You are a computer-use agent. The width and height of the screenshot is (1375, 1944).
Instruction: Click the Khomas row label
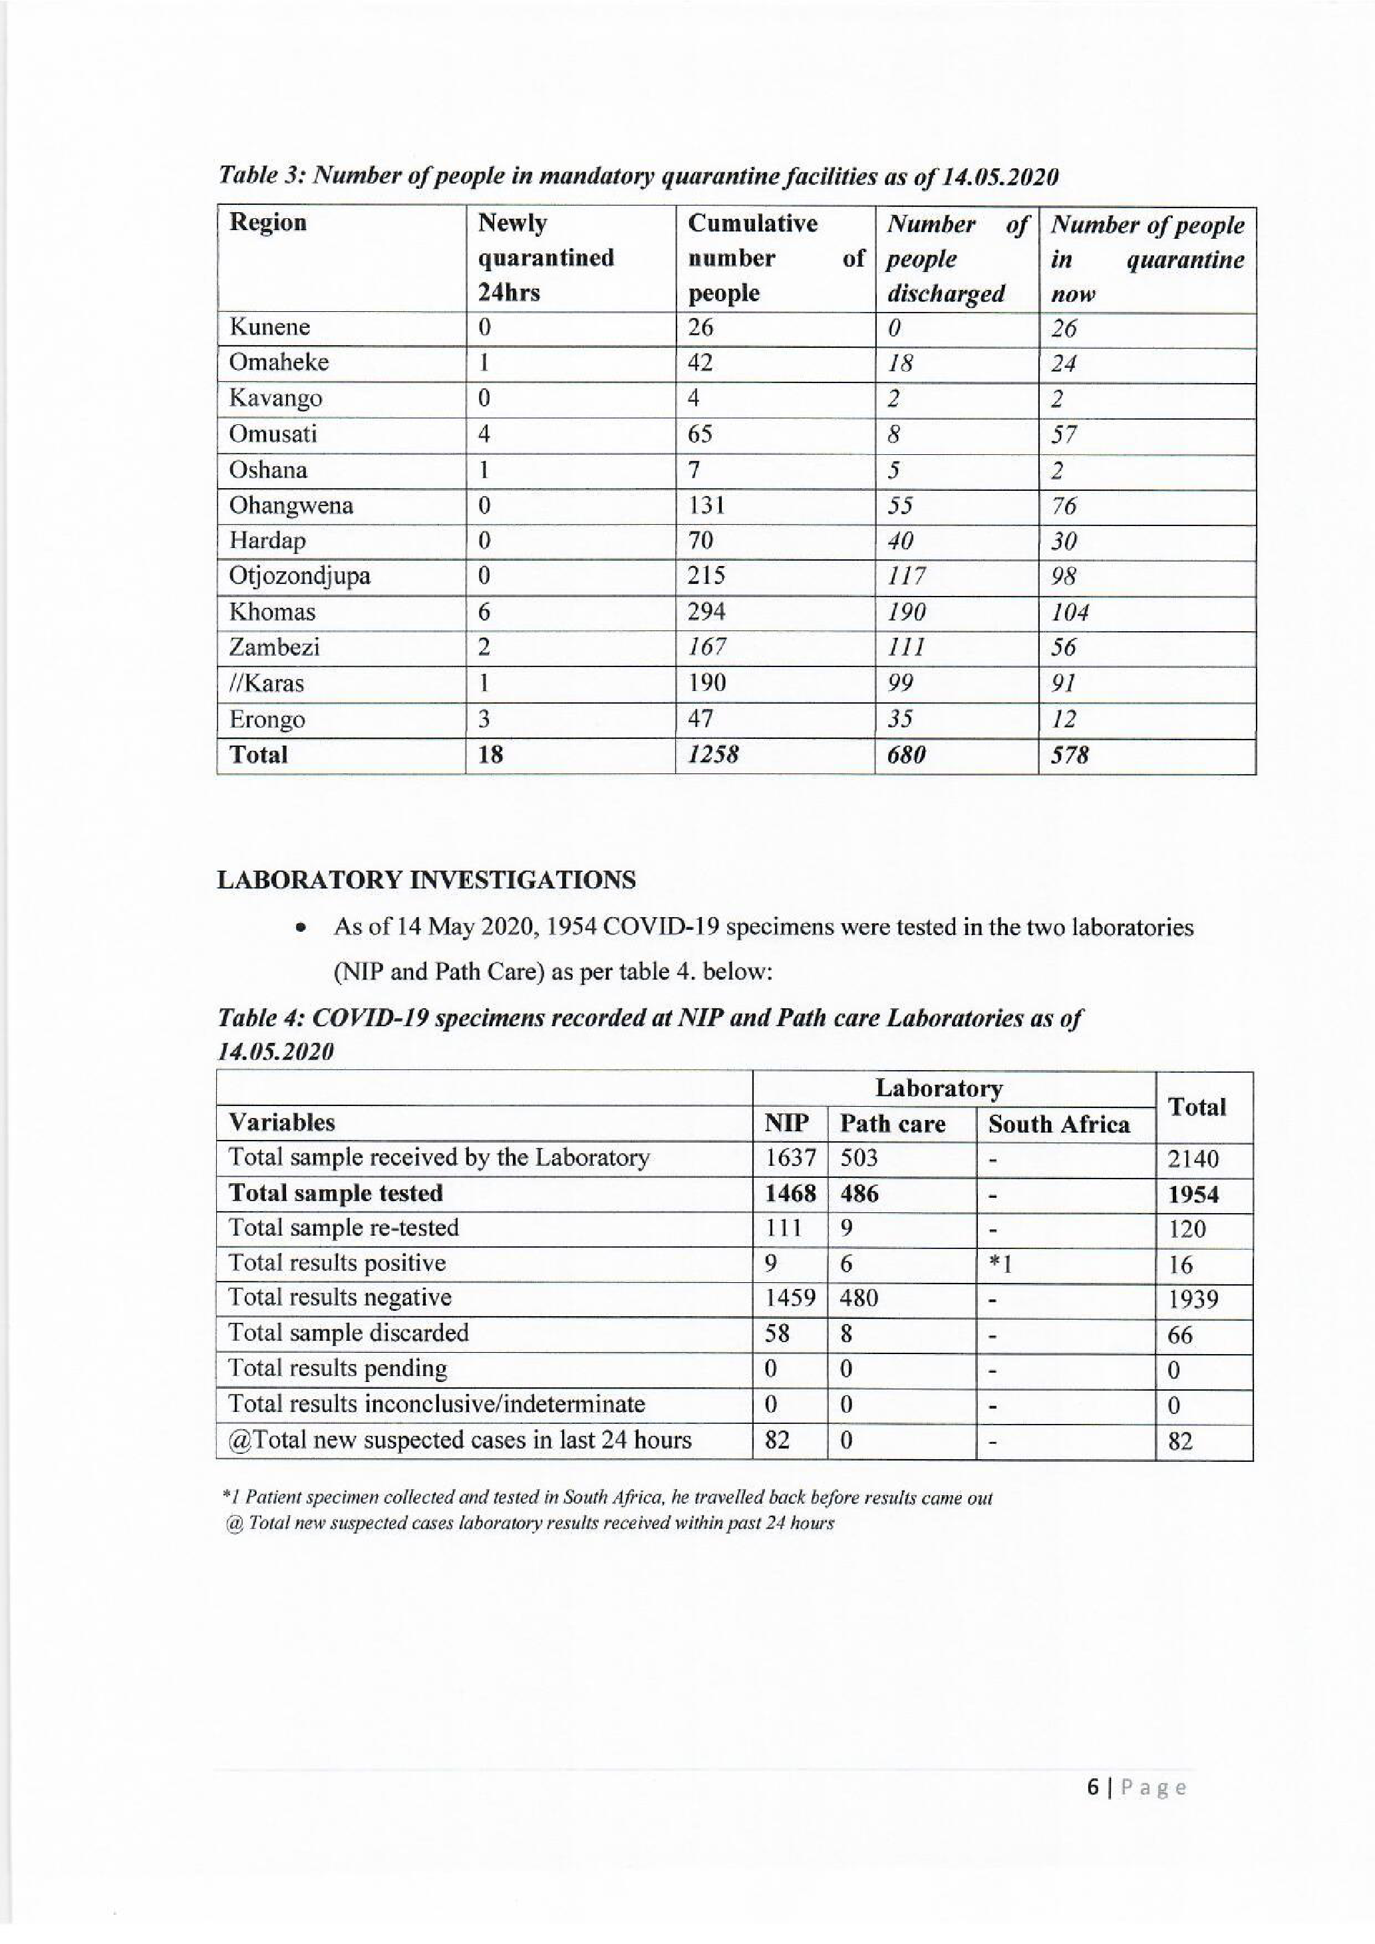click(x=272, y=612)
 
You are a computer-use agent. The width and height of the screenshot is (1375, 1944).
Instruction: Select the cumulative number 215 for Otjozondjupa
click(x=706, y=576)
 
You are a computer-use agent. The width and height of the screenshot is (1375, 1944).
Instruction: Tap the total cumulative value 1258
click(x=712, y=754)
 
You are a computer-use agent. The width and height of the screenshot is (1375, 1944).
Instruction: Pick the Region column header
click(x=267, y=223)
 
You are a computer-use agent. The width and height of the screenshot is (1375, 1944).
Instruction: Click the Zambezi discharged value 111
click(x=905, y=648)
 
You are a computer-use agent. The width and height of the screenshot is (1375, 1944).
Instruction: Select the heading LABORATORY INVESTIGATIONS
click(x=426, y=881)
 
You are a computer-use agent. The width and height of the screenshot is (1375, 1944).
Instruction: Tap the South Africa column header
click(x=1058, y=1125)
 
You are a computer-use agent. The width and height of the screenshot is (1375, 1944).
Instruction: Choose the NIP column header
click(x=786, y=1123)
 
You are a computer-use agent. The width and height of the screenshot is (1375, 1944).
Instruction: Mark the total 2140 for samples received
click(x=1193, y=1159)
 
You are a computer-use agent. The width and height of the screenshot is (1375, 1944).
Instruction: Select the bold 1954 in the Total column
click(x=1193, y=1194)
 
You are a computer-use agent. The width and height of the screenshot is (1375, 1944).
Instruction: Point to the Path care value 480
click(x=859, y=1298)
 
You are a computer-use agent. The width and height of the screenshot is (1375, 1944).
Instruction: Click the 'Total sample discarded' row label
click(x=348, y=1333)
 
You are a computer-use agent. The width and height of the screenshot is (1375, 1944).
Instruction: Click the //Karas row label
click(x=266, y=683)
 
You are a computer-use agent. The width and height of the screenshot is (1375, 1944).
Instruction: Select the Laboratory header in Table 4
click(x=938, y=1088)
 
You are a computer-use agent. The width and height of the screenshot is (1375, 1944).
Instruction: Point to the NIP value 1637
click(x=789, y=1157)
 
